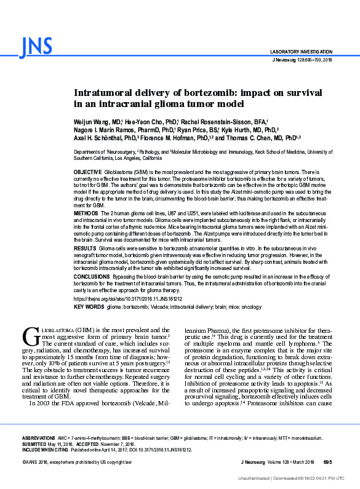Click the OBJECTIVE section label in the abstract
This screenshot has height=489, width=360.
click(x=87, y=172)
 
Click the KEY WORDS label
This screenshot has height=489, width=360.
click(x=89, y=306)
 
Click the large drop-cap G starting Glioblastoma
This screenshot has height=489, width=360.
click(x=30, y=336)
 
